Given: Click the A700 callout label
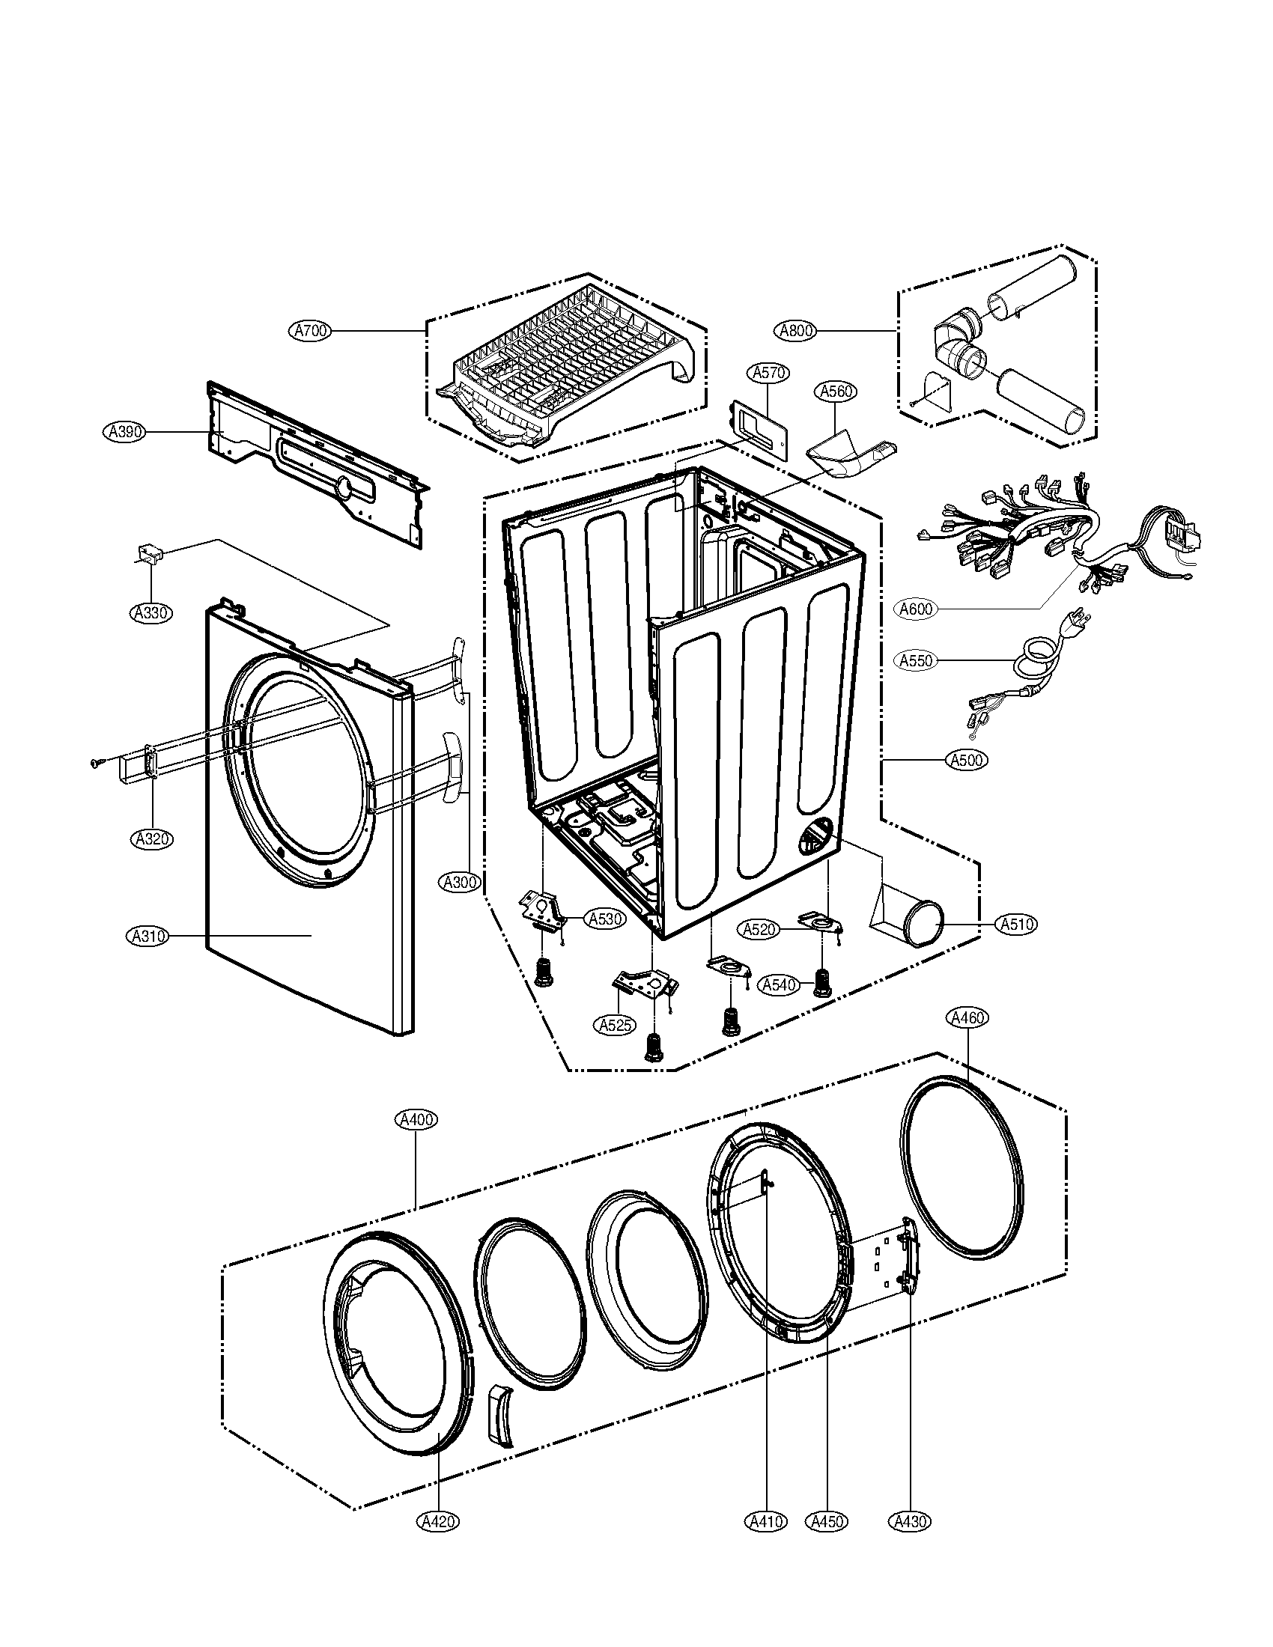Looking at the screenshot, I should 310,330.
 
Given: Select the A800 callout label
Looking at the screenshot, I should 795,330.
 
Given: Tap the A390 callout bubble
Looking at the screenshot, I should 123,432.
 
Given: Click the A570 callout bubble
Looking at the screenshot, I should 767,373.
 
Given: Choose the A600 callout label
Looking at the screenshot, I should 917,609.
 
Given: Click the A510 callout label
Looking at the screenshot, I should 1016,924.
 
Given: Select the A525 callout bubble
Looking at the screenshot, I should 616,1025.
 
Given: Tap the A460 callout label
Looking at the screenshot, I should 967,1018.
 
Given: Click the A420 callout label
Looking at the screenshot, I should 437,1522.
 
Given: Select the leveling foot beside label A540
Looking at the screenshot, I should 821,984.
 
